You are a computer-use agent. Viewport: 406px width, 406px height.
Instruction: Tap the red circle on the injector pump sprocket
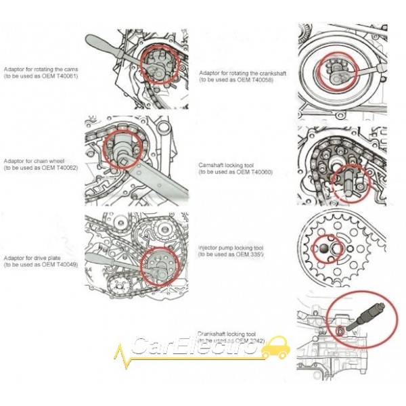click(x=328, y=250)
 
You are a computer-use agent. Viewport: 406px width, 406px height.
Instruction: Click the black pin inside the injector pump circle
click(x=325, y=249)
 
